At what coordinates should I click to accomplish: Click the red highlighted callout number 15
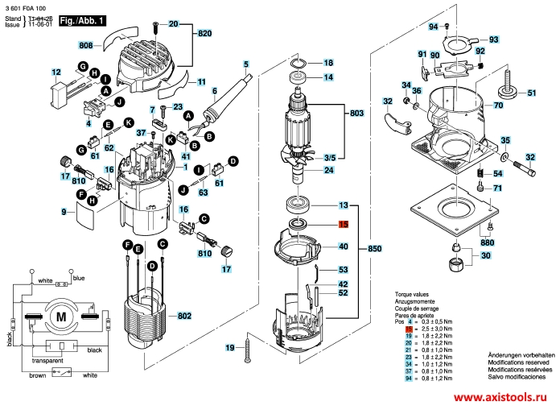(343, 226)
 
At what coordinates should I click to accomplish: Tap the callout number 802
(184, 315)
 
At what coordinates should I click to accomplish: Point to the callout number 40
(343, 246)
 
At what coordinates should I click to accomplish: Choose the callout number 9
(63, 212)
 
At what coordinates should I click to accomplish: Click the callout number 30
(485, 256)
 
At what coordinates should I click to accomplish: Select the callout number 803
(356, 115)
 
